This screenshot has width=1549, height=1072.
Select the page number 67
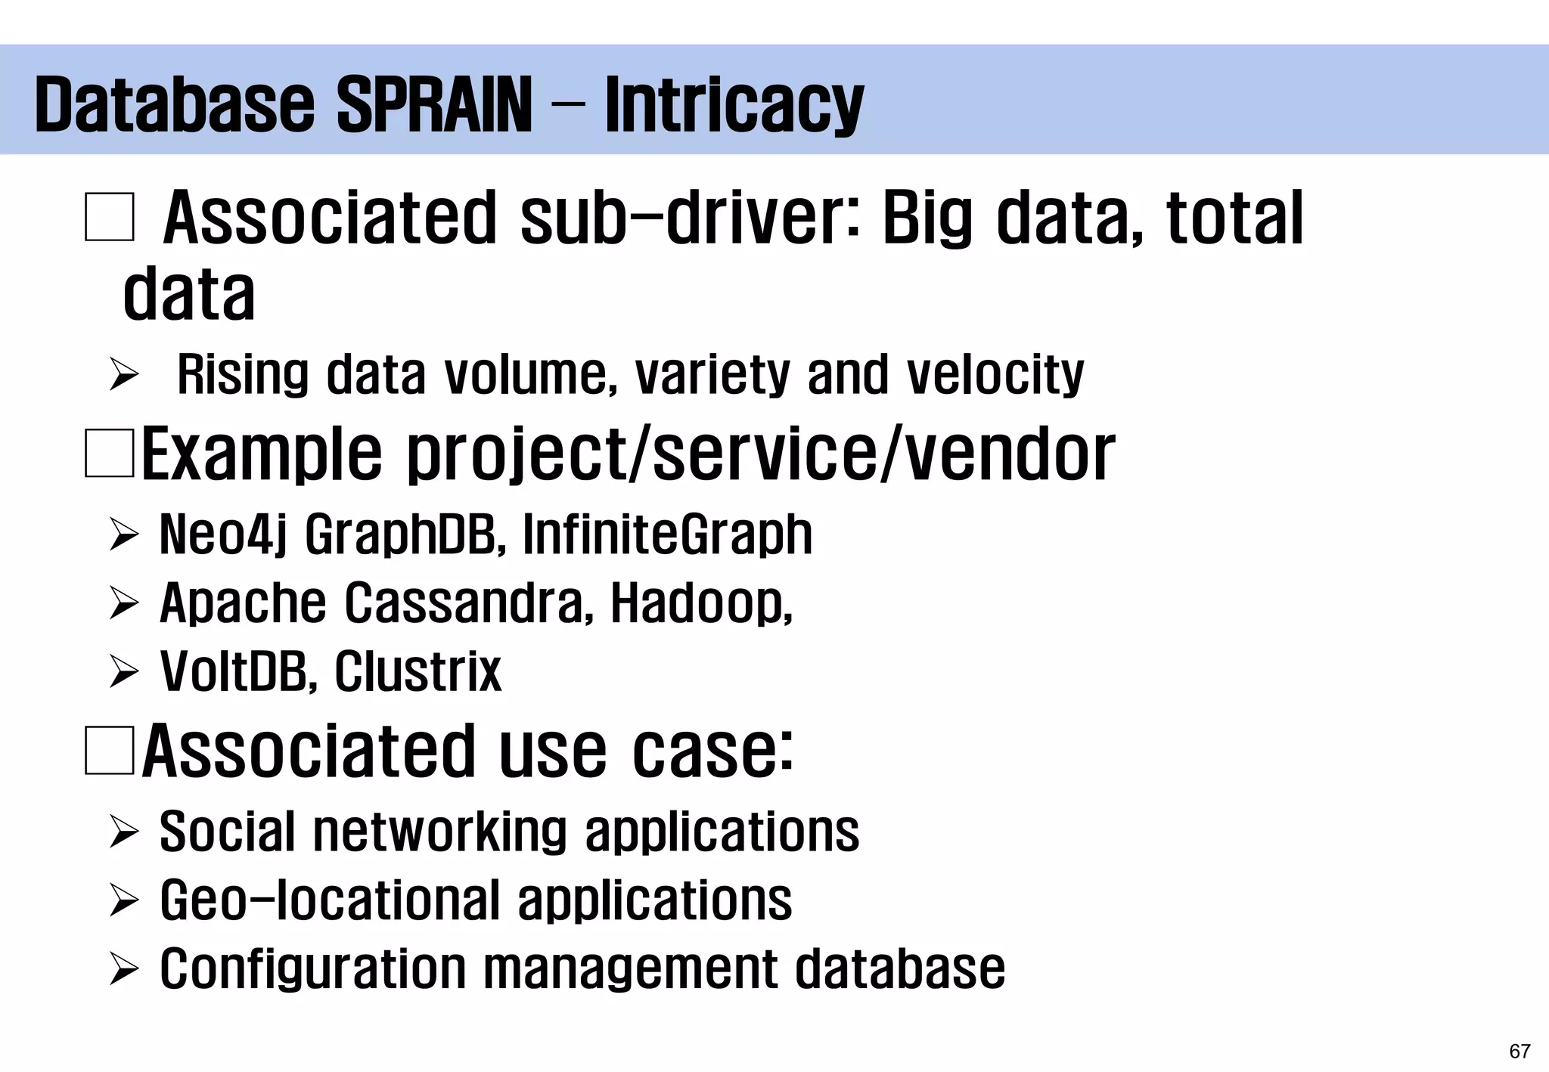(x=1520, y=1052)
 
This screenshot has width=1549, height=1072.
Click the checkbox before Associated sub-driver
(x=110, y=218)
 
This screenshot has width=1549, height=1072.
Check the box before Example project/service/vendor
(x=110, y=453)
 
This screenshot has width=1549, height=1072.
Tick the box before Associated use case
(x=110, y=750)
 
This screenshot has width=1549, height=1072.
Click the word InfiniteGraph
(x=667, y=535)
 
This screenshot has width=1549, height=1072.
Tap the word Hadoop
(x=700, y=603)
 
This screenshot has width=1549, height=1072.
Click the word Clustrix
(x=418, y=671)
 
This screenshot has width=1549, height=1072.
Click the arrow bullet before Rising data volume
(x=123, y=375)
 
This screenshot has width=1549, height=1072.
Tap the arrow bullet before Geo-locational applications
(x=123, y=901)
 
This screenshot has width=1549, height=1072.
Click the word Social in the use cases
(x=226, y=832)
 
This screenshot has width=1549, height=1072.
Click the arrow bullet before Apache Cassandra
(x=123, y=604)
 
